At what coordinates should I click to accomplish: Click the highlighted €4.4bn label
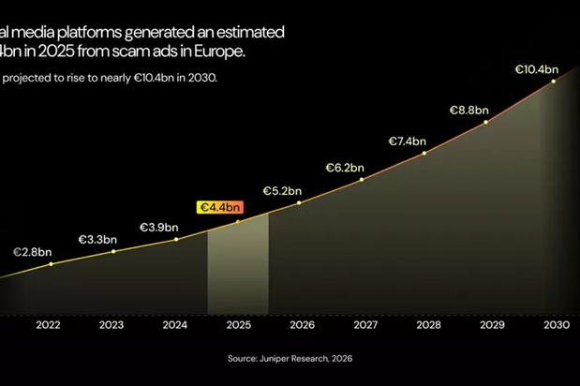(x=219, y=207)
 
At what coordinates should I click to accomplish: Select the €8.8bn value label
(x=468, y=110)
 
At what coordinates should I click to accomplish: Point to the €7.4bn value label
(x=408, y=141)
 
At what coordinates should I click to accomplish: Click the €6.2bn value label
(x=345, y=168)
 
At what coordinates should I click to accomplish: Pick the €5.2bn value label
(x=282, y=190)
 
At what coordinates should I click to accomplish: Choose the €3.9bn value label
(x=159, y=227)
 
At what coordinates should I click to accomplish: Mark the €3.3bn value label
(x=97, y=239)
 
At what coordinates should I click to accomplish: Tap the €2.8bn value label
(x=32, y=252)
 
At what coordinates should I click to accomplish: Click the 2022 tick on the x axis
(x=49, y=325)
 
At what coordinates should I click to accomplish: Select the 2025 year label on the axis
(x=238, y=325)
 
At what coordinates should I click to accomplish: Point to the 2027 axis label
(x=364, y=325)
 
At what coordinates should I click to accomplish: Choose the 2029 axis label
(x=491, y=325)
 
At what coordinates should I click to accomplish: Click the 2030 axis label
(x=554, y=325)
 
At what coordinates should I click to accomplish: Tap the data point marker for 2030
(x=554, y=82)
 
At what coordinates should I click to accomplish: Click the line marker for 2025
(x=238, y=221)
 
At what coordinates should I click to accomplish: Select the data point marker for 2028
(x=425, y=154)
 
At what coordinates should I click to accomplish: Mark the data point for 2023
(x=113, y=251)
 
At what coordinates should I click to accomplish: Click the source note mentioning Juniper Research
(x=290, y=358)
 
